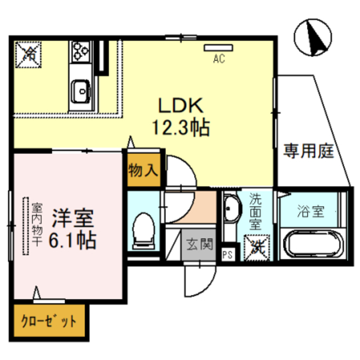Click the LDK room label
[179, 105]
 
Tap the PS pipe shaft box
[228, 254]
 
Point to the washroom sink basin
[229, 210]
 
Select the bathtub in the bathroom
[310, 246]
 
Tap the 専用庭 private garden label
[308, 151]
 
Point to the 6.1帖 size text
[71, 241]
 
